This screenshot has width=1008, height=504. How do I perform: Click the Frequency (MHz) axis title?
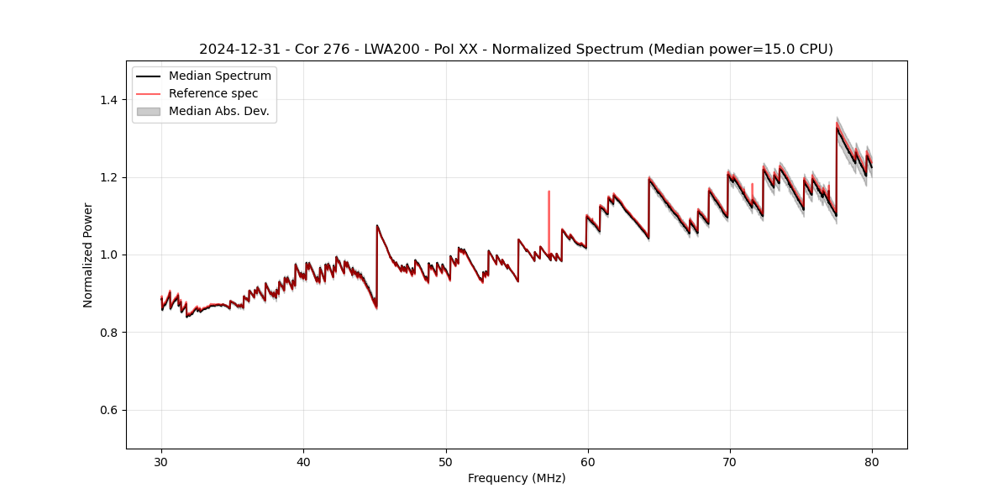[517, 478]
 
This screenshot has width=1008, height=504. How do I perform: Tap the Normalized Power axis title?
[88, 255]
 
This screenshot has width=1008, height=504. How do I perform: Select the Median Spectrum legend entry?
[219, 76]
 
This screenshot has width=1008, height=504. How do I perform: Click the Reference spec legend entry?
[213, 93]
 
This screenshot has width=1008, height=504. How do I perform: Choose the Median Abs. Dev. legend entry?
[218, 111]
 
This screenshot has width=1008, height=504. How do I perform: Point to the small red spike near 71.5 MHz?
[752, 190]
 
